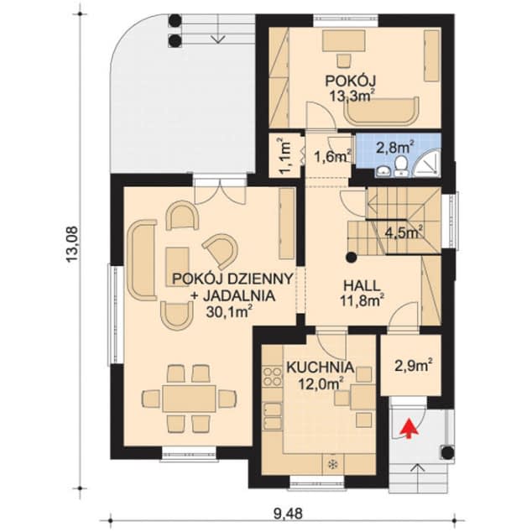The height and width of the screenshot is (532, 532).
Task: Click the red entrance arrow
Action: (409, 429)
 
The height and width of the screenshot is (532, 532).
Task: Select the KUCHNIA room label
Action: (321, 368)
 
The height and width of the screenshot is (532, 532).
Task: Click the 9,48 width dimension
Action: (287, 514)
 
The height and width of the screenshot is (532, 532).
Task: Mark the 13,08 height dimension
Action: (72, 245)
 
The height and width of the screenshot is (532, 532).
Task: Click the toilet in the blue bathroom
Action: (401, 165)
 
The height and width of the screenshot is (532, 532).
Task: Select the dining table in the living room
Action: (189, 399)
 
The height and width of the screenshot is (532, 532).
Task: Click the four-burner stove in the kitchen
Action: (273, 377)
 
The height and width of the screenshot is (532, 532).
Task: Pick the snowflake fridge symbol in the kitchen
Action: (332, 465)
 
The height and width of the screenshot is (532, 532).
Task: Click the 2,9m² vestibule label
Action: (414, 367)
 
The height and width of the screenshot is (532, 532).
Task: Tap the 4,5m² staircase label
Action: (404, 234)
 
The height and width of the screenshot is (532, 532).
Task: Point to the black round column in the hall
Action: (352, 258)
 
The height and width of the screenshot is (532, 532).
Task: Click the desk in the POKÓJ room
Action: (344, 41)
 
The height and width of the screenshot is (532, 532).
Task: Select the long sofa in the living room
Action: (142, 260)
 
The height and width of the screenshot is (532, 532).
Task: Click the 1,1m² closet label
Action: (284, 156)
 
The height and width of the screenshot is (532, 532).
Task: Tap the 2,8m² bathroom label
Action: (395, 149)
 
